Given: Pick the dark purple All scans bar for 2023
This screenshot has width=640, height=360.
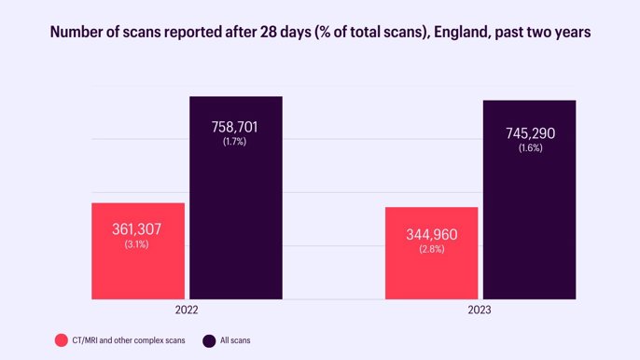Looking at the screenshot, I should [x=529, y=233].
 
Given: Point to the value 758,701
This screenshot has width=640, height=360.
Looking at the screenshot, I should [x=235, y=127].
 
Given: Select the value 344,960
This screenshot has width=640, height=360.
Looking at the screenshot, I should [x=432, y=234].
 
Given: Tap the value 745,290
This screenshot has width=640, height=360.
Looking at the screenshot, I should [x=529, y=133].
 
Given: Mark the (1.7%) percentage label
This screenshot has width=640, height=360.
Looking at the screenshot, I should [x=235, y=142].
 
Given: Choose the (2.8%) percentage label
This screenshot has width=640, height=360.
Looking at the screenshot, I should [x=431, y=249].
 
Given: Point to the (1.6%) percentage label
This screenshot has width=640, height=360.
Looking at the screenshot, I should [x=529, y=148].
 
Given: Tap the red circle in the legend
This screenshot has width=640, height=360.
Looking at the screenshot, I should [x=61, y=340].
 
